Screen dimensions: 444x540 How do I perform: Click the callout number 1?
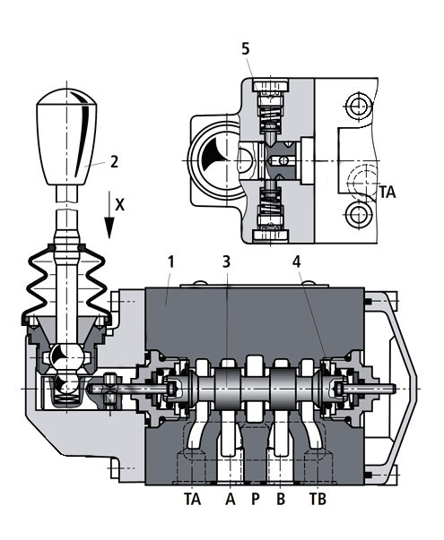171,262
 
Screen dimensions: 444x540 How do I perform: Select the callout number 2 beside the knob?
115,162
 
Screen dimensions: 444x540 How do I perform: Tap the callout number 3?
226,262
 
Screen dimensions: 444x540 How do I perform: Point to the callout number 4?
296,262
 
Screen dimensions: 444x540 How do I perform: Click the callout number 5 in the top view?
245,49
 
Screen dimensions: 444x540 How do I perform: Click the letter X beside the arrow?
119,205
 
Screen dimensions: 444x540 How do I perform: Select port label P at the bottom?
256,499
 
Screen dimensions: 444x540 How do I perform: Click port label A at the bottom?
231,499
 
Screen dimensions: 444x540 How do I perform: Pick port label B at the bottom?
281,499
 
